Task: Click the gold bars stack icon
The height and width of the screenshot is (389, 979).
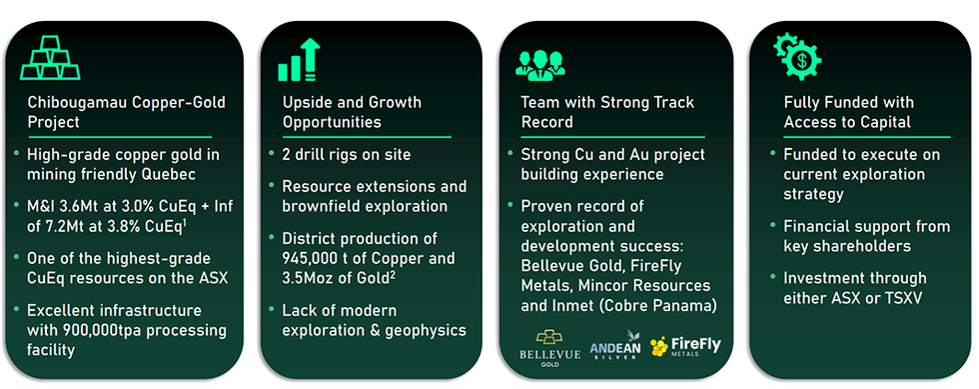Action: click(x=50, y=58)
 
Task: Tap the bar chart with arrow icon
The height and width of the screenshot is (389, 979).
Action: click(x=299, y=60)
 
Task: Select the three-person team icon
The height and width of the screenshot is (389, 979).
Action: click(x=539, y=65)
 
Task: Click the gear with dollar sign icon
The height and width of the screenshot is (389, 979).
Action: click(x=797, y=56)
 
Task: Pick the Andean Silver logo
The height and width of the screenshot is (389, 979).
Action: click(x=615, y=345)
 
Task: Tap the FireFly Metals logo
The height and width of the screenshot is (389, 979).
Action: click(x=685, y=346)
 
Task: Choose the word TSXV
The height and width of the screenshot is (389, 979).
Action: click(x=901, y=298)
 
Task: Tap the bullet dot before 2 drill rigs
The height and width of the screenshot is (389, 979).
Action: click(x=271, y=153)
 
